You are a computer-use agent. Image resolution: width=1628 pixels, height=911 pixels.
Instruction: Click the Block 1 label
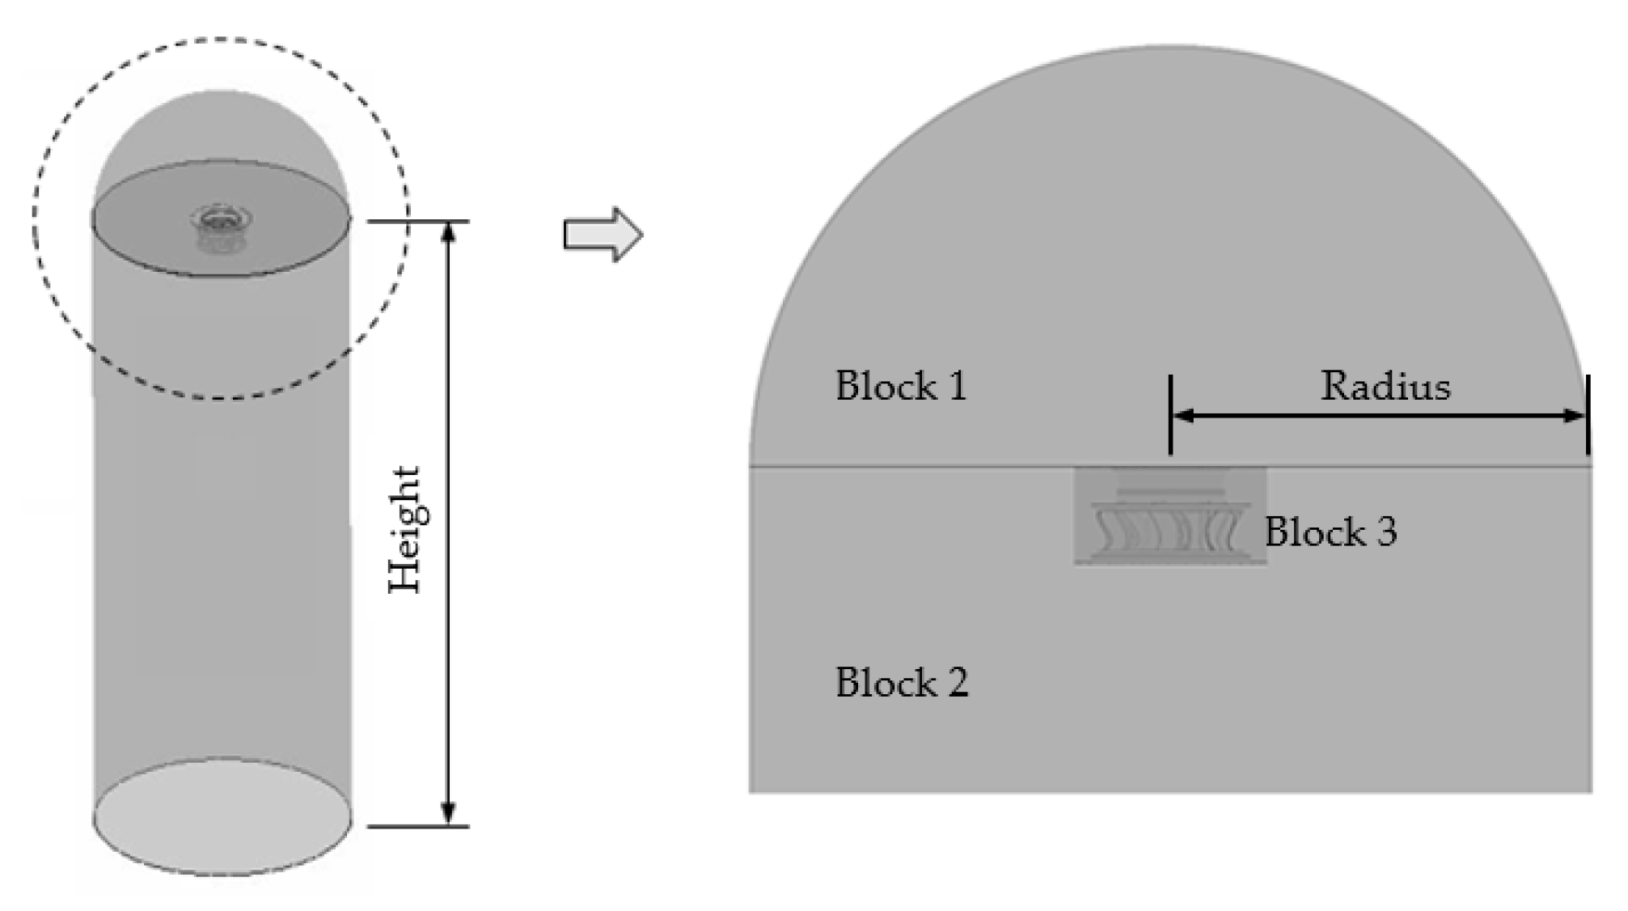click(x=900, y=386)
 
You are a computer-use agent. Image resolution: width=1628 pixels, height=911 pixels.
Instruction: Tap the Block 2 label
click(x=901, y=683)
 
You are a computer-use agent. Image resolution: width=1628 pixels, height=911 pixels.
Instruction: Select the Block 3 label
click(x=1330, y=532)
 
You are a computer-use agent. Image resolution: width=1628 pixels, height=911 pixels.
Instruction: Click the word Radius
click(x=1385, y=386)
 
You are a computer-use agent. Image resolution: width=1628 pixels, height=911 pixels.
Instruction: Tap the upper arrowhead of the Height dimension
click(x=449, y=232)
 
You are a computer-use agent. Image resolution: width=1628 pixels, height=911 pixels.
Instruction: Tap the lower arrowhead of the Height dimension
click(x=449, y=814)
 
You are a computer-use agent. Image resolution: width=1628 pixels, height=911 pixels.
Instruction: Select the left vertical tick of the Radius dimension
click(x=1170, y=414)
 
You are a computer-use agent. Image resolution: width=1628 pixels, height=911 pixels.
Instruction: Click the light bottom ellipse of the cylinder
click(x=222, y=817)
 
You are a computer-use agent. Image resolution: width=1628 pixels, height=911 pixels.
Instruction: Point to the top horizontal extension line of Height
click(x=417, y=221)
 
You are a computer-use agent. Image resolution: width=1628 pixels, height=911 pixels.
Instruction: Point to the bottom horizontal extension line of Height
click(x=417, y=826)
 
